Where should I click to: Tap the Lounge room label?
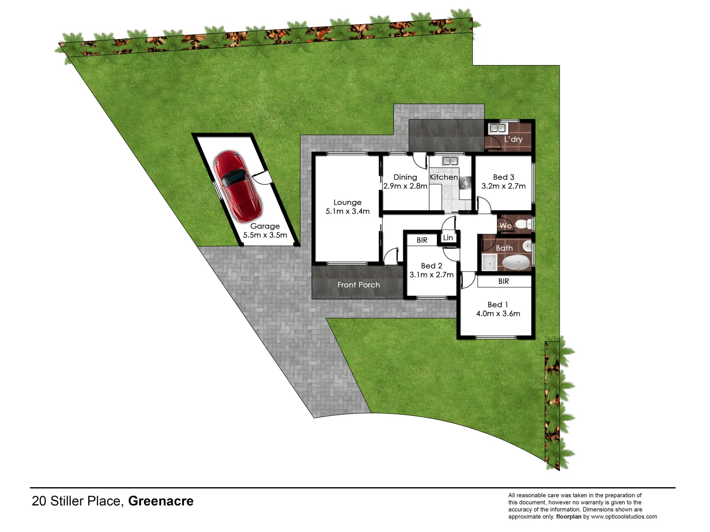347,202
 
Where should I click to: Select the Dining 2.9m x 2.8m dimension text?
405,186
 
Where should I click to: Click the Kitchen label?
444,177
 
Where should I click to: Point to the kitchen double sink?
450,161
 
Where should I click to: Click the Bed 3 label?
503,177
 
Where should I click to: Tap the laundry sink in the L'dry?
497,129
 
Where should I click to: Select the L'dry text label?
513,139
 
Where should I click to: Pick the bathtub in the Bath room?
516,262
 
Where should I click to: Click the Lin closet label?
448,237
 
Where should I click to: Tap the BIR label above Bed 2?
422,240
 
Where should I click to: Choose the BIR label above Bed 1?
503,281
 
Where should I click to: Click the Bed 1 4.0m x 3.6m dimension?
498,314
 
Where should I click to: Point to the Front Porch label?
358,285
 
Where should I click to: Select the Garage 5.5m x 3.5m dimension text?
265,235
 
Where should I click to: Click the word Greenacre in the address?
161,501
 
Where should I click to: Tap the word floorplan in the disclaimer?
568,517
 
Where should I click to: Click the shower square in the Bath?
489,263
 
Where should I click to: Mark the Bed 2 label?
431,266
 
